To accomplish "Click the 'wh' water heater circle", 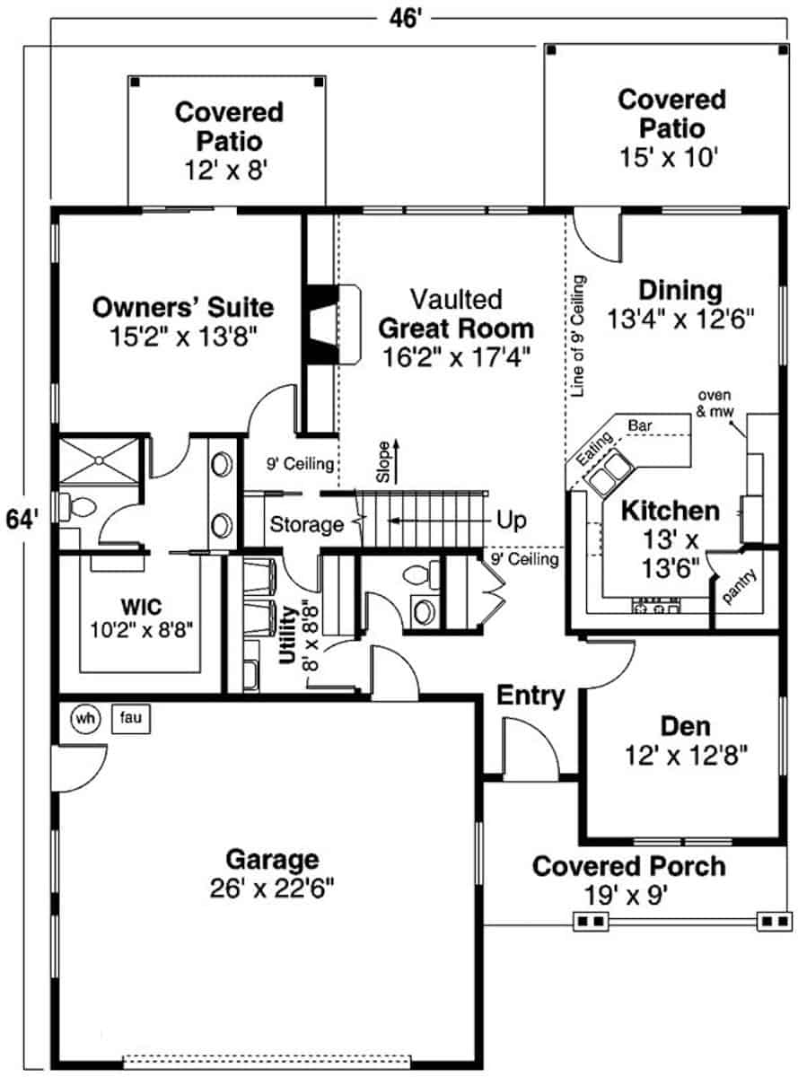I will [84, 719].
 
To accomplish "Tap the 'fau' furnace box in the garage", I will [131, 718].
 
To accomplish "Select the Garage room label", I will [271, 859].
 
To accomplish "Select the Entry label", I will [531, 696].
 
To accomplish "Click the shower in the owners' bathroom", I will [100, 463].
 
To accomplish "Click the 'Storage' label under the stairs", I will [307, 524].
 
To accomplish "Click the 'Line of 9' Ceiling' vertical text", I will [579, 336].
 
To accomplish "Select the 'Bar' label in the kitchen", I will [639, 425].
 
